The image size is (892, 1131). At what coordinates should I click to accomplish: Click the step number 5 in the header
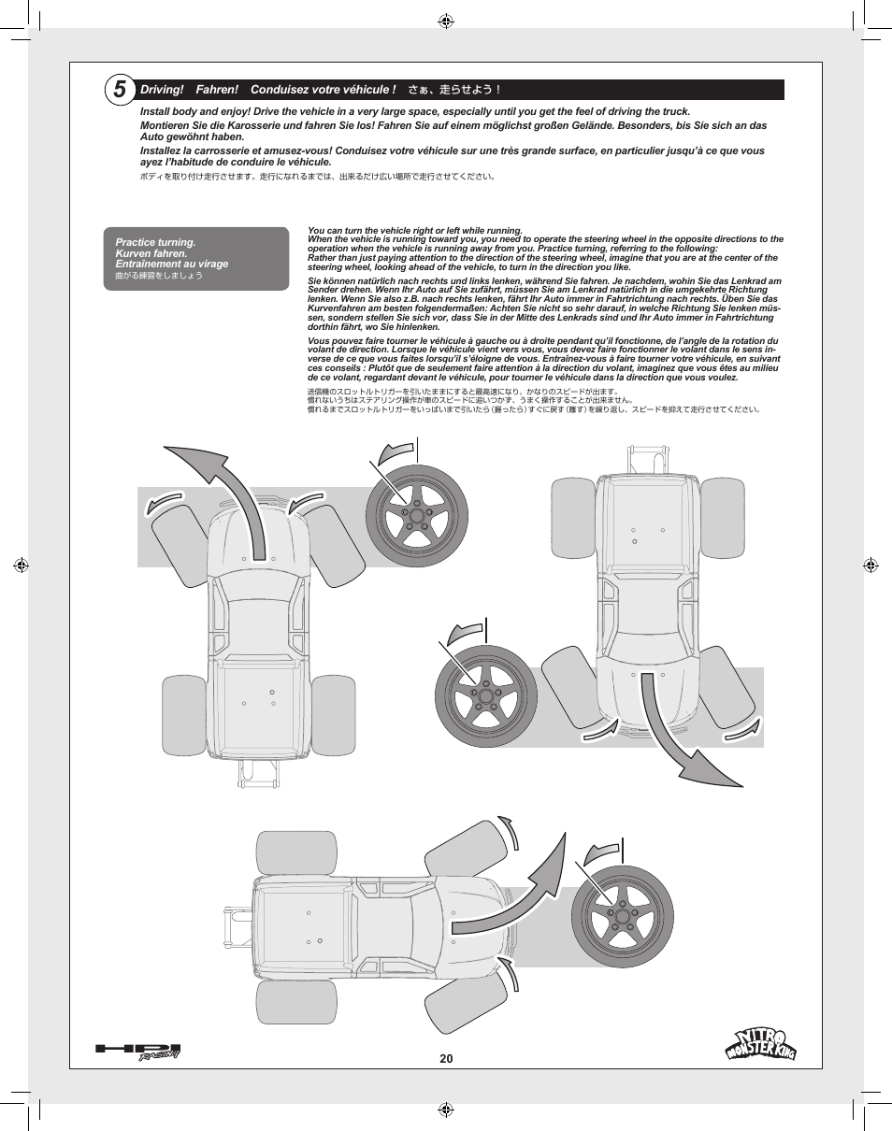point(120,90)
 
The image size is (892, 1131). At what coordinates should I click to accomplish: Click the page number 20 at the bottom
point(446,1059)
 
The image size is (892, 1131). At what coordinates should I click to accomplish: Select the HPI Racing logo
point(137,1052)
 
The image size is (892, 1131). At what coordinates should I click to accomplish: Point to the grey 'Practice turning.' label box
point(195,259)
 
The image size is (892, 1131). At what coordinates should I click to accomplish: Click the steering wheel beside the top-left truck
point(416,516)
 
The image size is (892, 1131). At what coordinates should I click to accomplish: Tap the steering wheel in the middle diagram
point(485,696)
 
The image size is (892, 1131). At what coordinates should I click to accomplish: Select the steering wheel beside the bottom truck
point(622,915)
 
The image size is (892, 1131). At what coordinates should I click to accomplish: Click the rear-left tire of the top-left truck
point(184,715)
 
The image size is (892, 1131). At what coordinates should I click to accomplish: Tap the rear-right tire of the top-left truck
point(333,715)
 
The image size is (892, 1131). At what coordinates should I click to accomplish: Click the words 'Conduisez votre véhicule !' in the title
point(324,90)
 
